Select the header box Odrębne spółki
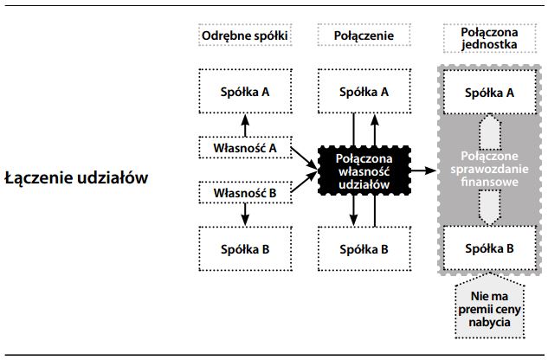pyautogui.click(x=244, y=35)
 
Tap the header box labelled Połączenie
pyautogui.click(x=364, y=35)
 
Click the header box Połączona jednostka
pyautogui.click(x=482, y=35)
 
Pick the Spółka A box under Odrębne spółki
pyautogui.click(x=244, y=92)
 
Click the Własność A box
pyautogui.click(x=244, y=147)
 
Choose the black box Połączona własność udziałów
pyautogui.click(x=364, y=170)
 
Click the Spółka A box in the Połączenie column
pyautogui.click(x=364, y=92)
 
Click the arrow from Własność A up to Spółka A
pyautogui.click(x=244, y=125)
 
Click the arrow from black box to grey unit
pyautogui.click(x=423, y=170)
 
